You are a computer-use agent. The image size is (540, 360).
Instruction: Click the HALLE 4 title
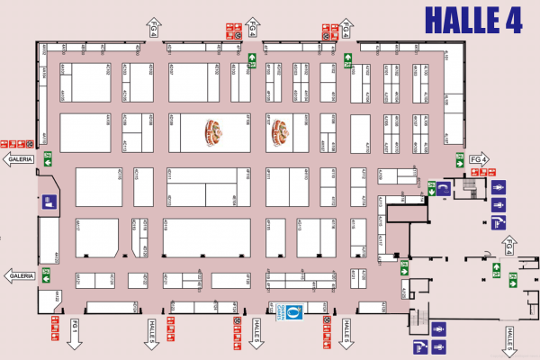coord(472,20)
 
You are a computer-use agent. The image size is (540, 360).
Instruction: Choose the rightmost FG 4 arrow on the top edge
coord(345,28)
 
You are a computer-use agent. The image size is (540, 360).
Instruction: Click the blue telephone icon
coord(444,187)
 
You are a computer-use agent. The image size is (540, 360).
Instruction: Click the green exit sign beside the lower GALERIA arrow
coord(45,272)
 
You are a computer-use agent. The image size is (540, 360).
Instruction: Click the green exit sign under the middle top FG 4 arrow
coord(254,61)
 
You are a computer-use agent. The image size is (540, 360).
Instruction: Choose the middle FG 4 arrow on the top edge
coord(254,28)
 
